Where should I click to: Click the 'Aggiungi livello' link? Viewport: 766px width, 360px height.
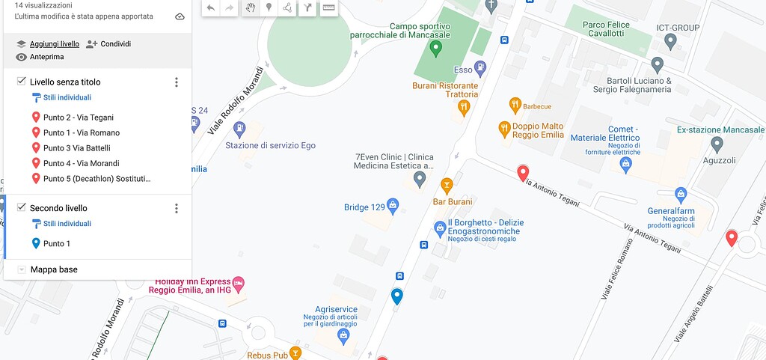click(x=54, y=44)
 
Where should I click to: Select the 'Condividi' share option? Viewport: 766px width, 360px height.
click(x=115, y=44)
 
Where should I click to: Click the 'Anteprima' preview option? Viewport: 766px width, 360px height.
click(x=46, y=57)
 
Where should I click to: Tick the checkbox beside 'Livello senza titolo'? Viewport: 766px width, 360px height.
click(x=21, y=81)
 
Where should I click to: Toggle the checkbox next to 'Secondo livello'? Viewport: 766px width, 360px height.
click(x=21, y=207)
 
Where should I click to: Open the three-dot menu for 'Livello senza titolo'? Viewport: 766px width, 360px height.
click(x=177, y=82)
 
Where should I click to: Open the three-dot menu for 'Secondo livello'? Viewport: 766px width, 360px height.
click(x=177, y=209)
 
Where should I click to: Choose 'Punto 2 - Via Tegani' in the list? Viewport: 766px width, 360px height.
click(x=78, y=118)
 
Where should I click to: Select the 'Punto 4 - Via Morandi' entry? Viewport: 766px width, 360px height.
click(x=81, y=163)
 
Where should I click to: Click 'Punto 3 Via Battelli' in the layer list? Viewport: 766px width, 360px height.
click(x=76, y=148)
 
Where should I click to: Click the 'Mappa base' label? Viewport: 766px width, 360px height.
click(x=54, y=269)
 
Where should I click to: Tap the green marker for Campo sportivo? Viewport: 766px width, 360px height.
click(x=437, y=49)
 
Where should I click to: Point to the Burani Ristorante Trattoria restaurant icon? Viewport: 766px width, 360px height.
click(x=464, y=106)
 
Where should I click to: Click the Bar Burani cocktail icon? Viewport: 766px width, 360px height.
click(x=447, y=184)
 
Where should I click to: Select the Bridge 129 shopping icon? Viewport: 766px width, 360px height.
click(x=393, y=205)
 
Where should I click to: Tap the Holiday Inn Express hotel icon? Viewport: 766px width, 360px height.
click(x=238, y=284)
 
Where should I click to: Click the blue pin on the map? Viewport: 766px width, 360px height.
click(x=397, y=296)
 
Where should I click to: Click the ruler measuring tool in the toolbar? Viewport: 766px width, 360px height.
click(x=328, y=7)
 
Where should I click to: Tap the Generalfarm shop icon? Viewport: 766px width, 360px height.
click(x=681, y=195)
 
